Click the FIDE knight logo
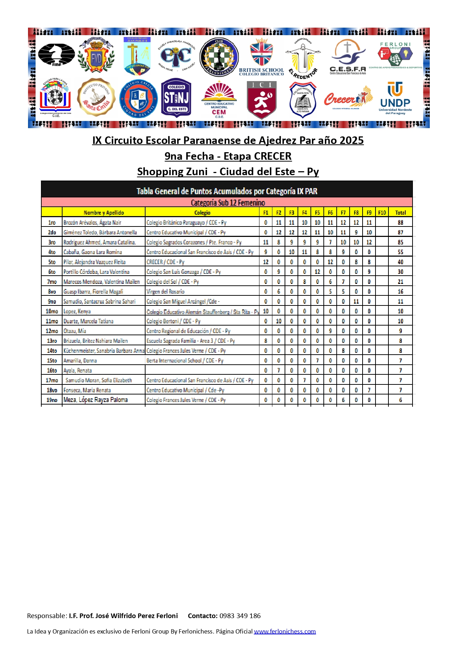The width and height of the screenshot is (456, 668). point(56,55)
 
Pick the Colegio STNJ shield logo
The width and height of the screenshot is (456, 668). point(176,98)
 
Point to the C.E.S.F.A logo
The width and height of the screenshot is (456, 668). point(347,57)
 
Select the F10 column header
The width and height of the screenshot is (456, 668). point(382,212)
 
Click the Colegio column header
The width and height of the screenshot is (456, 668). point(202,212)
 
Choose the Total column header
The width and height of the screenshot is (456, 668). point(400,212)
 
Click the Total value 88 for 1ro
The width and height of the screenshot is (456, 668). point(400,223)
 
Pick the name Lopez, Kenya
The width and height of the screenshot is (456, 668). point(77,311)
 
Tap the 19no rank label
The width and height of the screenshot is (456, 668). point(52,400)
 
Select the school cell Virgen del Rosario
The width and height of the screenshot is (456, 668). point(165,291)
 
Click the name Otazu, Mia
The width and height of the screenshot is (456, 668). point(75,331)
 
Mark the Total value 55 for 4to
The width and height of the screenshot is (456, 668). point(400,252)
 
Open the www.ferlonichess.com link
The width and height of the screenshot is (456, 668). point(285,631)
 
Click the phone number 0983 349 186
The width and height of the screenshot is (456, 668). point(240,616)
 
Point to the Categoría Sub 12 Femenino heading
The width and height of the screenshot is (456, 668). point(228,202)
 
